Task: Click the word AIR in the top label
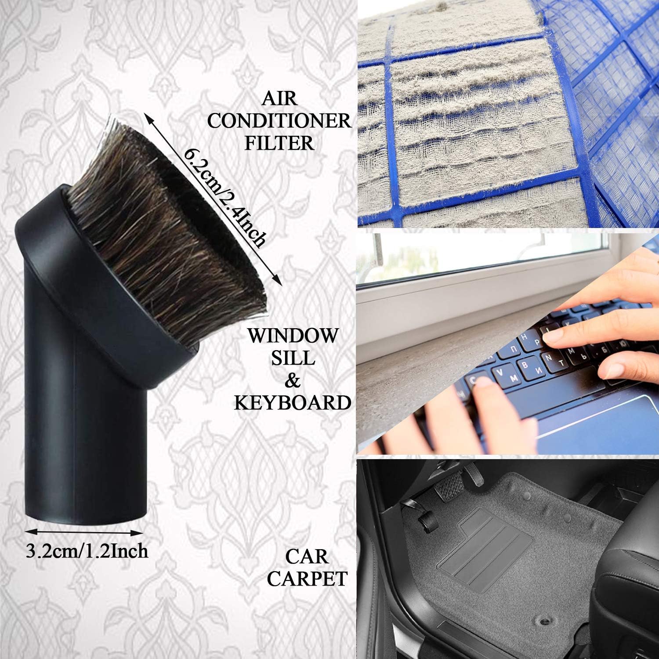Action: click(279, 99)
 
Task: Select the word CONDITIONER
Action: click(279, 121)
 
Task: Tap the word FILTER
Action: click(279, 143)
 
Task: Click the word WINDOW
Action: click(293, 336)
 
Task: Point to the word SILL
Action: click(293, 358)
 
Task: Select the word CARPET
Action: click(307, 579)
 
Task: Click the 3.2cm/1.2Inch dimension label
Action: click(87, 551)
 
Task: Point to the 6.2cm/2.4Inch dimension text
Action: click(224, 198)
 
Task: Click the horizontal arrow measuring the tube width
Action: click(87, 532)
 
